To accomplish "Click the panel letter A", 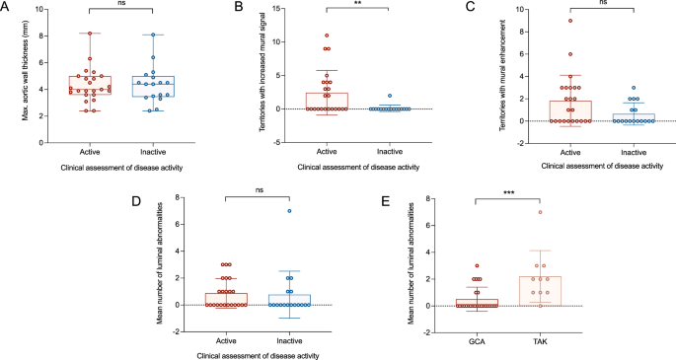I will (x=7, y=8).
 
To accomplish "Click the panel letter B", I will (x=235, y=8).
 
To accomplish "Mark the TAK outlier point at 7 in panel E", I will (x=567, y=212).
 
